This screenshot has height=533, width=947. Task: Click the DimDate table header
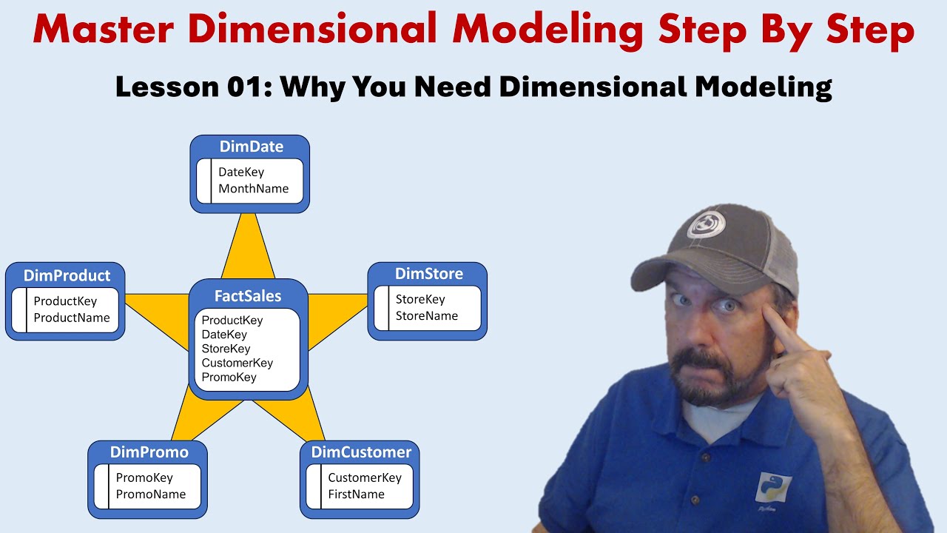(x=251, y=147)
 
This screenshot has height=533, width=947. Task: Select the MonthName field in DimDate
(x=253, y=189)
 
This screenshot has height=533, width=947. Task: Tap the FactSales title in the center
(x=248, y=296)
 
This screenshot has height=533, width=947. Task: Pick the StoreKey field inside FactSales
(x=226, y=349)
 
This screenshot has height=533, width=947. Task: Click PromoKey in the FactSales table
(x=229, y=377)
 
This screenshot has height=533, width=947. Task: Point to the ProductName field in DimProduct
(x=72, y=318)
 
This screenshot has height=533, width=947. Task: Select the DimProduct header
(x=67, y=275)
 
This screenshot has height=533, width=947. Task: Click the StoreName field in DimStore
(x=426, y=316)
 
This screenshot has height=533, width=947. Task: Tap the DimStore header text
(x=429, y=274)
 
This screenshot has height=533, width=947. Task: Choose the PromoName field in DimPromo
(x=151, y=494)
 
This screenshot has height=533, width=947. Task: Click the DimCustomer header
(x=361, y=452)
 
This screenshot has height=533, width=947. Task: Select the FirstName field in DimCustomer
(x=356, y=494)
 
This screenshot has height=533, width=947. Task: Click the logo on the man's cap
(x=706, y=224)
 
